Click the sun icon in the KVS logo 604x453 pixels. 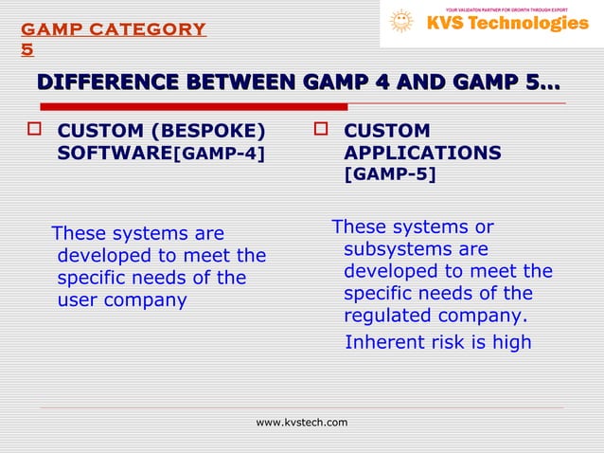(x=401, y=21)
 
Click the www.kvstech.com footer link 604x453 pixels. (x=302, y=422)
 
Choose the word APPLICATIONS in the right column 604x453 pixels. (x=422, y=153)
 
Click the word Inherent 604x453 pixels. (x=382, y=341)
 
